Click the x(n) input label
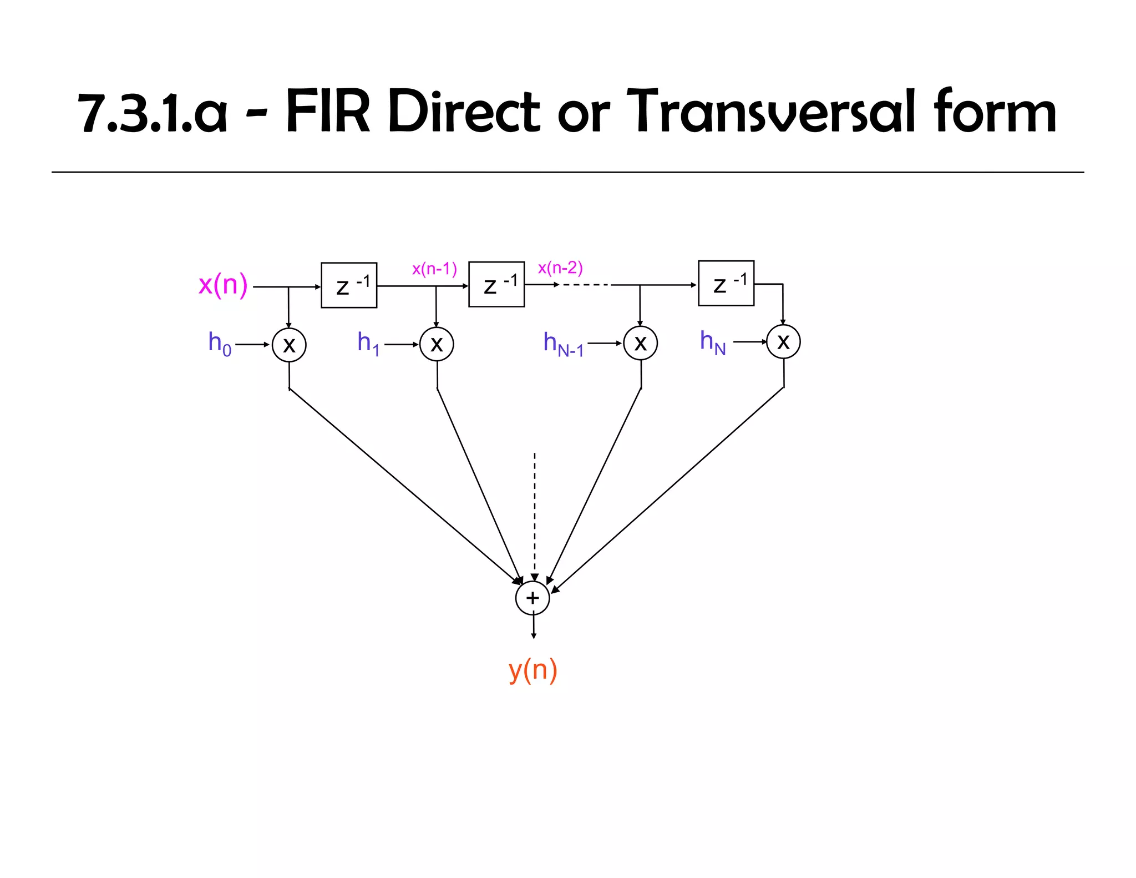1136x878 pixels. coord(223,285)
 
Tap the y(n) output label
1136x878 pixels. coord(532,670)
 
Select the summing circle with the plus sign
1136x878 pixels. coord(532,598)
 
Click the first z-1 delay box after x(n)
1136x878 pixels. coord(349,285)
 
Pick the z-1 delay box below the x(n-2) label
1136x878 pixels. coord(496,284)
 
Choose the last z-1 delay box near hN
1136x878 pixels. coord(726,283)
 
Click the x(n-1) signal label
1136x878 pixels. coord(434,269)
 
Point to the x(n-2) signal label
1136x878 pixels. coord(560,268)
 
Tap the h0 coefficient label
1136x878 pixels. coord(220,344)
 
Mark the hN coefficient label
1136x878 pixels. coord(713,342)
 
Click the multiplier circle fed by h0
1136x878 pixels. coord(289,345)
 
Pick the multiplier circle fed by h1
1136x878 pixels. coord(437,344)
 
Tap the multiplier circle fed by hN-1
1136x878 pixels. coord(640,343)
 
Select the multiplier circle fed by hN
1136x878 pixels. coord(783,342)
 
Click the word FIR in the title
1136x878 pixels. coord(327,112)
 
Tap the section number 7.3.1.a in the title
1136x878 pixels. coord(153,113)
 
